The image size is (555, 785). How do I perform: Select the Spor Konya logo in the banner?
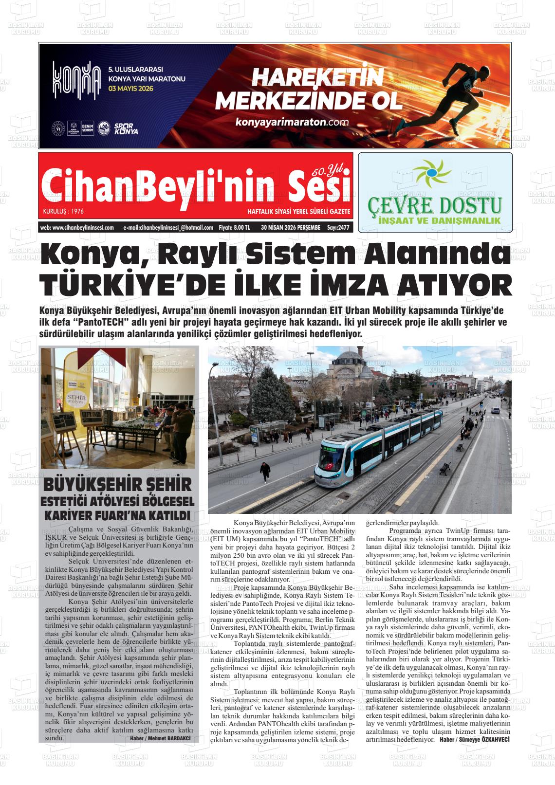126,129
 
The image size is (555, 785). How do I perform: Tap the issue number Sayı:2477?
338,227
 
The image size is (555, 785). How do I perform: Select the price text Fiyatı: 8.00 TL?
235,227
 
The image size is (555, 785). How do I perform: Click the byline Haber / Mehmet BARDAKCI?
160,738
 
